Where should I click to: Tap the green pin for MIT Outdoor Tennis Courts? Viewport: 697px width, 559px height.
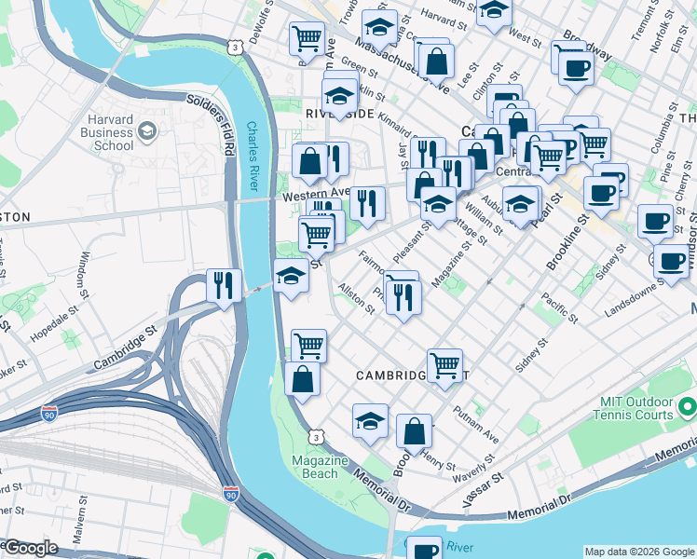click(688, 407)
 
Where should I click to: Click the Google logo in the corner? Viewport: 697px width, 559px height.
click(30, 549)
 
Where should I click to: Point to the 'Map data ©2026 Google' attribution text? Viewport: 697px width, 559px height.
click(639, 552)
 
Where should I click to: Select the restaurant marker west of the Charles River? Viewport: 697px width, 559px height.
click(224, 285)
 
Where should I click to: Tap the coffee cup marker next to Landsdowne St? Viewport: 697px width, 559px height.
click(670, 261)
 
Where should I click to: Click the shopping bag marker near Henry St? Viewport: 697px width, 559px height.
click(414, 431)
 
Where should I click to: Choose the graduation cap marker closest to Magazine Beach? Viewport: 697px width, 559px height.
click(370, 420)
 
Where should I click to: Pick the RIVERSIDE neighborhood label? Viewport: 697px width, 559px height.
click(339, 113)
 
